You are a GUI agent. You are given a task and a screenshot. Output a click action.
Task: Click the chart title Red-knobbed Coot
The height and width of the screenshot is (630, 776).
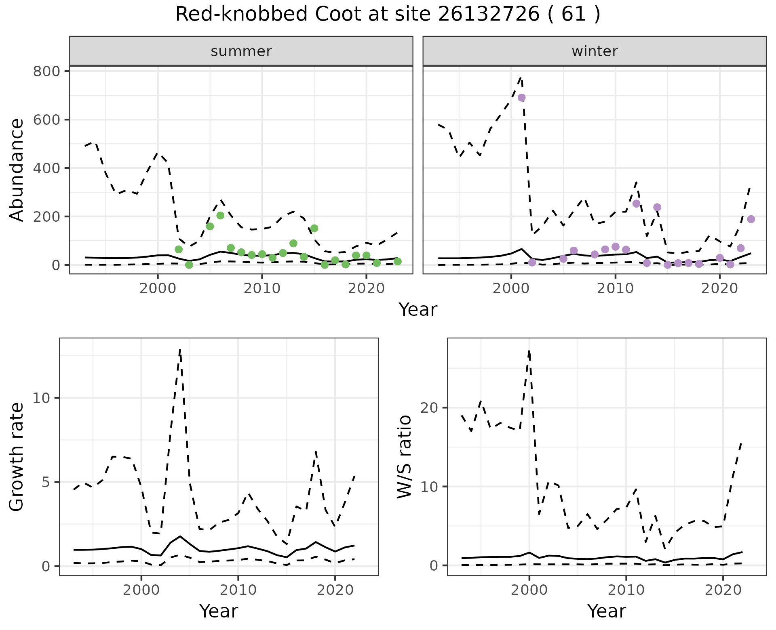388,15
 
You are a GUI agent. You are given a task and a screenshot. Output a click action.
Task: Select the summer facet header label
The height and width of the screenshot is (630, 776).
241,51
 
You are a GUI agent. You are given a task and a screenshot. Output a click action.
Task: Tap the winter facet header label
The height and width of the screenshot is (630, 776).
595,51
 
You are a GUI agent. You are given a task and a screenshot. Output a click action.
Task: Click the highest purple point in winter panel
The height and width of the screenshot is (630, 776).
521,97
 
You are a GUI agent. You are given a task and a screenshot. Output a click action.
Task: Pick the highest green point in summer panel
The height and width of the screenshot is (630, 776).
220,215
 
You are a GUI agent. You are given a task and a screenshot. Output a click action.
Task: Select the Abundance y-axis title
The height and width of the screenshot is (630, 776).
17,170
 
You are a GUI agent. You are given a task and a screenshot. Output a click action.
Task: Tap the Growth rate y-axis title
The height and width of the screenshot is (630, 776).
17,456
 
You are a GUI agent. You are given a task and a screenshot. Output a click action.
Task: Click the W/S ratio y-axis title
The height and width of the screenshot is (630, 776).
404,456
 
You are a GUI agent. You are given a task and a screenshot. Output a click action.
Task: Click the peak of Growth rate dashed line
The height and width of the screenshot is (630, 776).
180,350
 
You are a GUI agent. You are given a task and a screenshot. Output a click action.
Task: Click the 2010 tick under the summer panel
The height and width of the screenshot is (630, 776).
262,289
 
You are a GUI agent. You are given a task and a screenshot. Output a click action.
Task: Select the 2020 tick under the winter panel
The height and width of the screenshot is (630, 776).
719,289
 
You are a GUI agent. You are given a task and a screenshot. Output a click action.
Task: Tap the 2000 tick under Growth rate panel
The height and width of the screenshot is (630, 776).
141,590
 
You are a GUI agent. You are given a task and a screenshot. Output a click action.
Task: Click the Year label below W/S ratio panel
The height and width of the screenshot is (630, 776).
606,611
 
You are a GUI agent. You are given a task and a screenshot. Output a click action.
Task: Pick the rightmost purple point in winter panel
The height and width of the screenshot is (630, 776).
751,219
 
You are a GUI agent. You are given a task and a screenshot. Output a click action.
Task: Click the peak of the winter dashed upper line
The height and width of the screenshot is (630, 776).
521,77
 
